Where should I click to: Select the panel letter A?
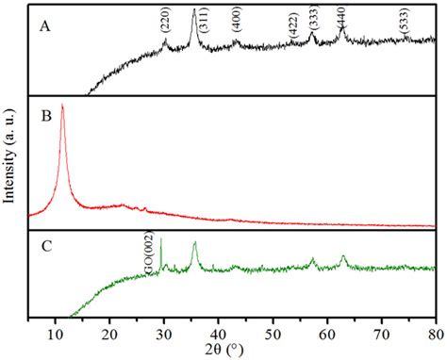click(43, 26)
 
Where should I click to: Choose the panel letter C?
click(44, 250)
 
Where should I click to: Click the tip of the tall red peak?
click(62, 105)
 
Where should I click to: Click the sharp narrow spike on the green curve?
click(160, 239)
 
